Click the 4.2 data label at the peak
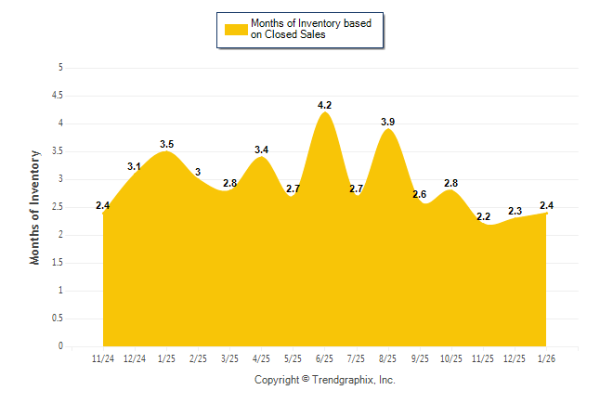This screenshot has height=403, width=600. [x=325, y=105]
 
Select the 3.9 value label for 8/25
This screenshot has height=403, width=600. [x=388, y=122]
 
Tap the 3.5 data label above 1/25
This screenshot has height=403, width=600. [x=167, y=144]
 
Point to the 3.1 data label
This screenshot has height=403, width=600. [x=135, y=166]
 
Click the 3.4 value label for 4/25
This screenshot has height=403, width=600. [x=262, y=149]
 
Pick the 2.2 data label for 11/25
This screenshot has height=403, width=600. [x=483, y=216]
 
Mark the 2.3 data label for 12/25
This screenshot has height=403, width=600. [x=515, y=211]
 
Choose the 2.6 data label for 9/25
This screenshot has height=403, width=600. [x=420, y=194]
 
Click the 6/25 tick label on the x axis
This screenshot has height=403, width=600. [x=325, y=357]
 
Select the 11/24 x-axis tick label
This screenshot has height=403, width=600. [x=103, y=357]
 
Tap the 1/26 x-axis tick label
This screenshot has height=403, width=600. [x=546, y=357]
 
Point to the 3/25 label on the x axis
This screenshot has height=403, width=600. [x=229, y=357]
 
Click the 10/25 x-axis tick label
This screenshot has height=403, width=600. [x=451, y=357]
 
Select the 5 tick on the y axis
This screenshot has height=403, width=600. [x=60, y=68]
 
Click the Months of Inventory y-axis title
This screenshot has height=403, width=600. [x=35, y=207]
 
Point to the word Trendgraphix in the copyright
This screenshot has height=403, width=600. [x=344, y=380]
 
